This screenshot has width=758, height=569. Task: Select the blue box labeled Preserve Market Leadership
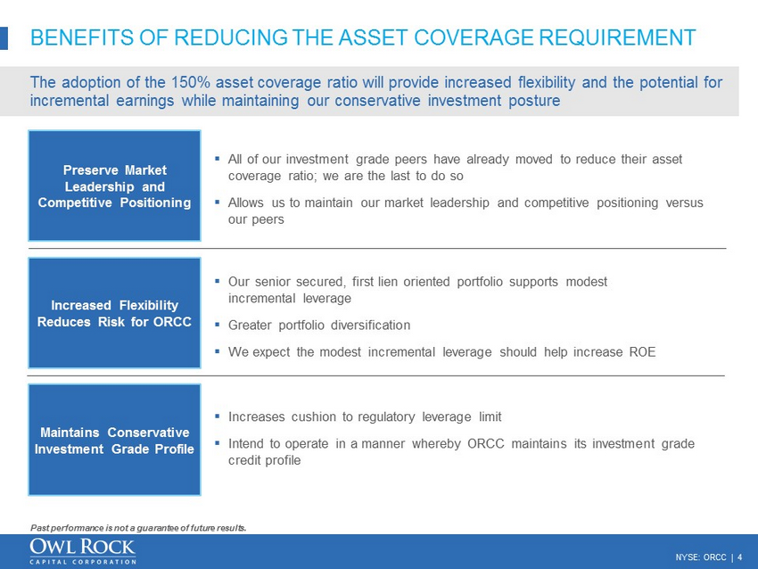[114, 186]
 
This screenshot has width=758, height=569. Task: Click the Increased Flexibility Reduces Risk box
[114, 313]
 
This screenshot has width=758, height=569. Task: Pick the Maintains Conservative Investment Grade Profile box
[114, 440]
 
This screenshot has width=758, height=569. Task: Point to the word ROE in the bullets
[641, 352]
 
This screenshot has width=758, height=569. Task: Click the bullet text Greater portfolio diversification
[319, 325]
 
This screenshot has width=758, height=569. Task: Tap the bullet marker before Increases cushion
[218, 416]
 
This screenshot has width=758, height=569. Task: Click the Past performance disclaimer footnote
[137, 527]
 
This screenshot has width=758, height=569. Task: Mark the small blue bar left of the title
[4, 37]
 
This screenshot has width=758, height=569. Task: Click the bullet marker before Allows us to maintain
[218, 203]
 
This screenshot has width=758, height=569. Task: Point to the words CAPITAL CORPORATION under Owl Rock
[83, 562]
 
